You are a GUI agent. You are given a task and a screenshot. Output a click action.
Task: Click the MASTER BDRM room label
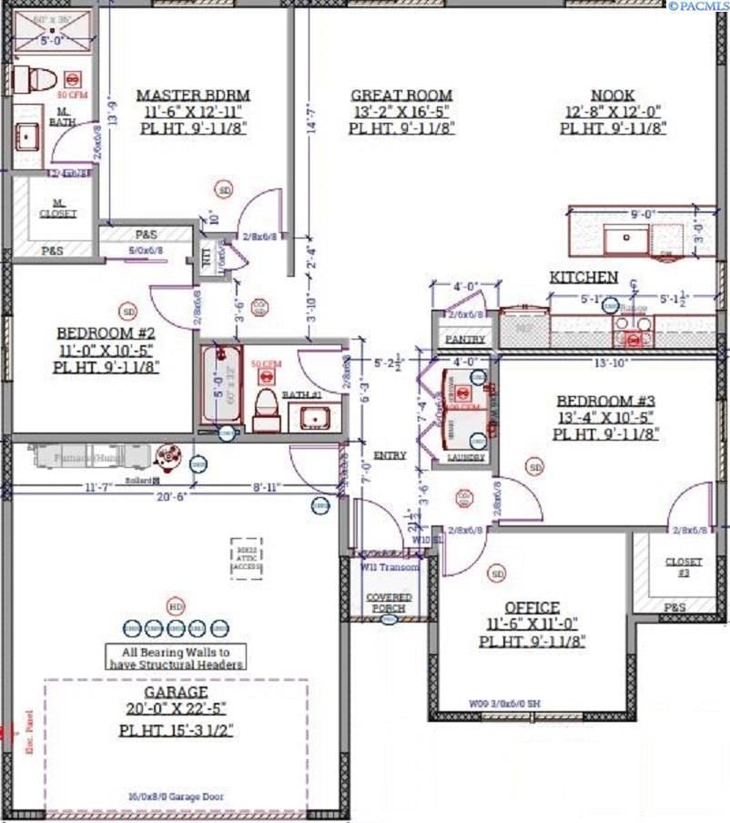[x=193, y=95]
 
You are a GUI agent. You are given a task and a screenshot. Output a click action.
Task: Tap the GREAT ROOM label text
[x=401, y=95]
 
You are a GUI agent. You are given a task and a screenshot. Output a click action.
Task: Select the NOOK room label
[x=613, y=95]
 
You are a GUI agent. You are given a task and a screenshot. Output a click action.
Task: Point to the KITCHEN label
[x=583, y=277]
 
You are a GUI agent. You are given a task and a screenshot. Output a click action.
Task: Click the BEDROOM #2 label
[x=106, y=333]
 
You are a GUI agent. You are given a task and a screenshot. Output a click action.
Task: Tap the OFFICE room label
[x=532, y=607]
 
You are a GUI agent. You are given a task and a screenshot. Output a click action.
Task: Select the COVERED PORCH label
[x=389, y=602]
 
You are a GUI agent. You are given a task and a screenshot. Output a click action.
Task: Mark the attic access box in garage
[x=246, y=558]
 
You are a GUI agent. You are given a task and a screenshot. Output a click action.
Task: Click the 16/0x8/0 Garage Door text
[x=177, y=797]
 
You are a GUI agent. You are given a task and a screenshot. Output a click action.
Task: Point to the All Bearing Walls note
[x=176, y=657]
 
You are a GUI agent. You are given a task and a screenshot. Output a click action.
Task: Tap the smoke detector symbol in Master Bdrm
[x=224, y=189]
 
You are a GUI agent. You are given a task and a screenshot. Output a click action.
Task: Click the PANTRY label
[x=465, y=340]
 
